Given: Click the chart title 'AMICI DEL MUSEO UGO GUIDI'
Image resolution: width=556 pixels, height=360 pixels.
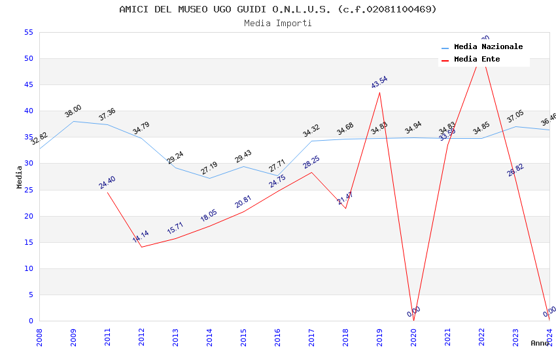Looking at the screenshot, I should click(277, 9).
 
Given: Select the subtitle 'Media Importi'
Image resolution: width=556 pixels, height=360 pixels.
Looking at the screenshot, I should click(277, 24).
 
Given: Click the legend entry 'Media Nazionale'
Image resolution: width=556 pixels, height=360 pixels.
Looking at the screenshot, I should click(488, 47).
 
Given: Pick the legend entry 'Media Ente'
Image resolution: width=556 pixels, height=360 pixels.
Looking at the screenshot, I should click(476, 60).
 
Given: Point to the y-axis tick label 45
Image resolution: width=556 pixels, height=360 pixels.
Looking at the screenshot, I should click(27, 85).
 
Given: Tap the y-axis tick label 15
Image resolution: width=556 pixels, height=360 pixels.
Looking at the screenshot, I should click(27, 243).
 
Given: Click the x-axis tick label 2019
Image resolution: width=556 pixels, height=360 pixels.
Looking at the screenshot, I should click(379, 337).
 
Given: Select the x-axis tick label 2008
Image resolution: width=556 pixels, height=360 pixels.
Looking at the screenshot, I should click(39, 337).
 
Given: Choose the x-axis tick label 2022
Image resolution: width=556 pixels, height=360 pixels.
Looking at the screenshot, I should click(481, 337).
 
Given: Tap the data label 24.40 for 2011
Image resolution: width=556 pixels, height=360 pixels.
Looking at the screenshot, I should click(107, 182).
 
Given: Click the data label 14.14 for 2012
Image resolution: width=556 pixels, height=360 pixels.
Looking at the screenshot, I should click(141, 236).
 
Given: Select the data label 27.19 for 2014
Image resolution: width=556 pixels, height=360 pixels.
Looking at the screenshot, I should click(209, 168).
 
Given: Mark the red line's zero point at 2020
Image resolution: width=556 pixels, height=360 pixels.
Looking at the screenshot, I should click(413, 320).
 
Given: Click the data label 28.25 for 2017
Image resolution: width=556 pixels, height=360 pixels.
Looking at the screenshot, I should click(311, 162).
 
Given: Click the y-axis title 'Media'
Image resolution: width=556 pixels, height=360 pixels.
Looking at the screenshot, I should click(20, 177).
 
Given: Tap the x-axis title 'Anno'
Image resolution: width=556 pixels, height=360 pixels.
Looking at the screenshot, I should click(540, 343).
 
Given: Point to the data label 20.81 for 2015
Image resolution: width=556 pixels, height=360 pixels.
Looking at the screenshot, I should click(243, 202).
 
